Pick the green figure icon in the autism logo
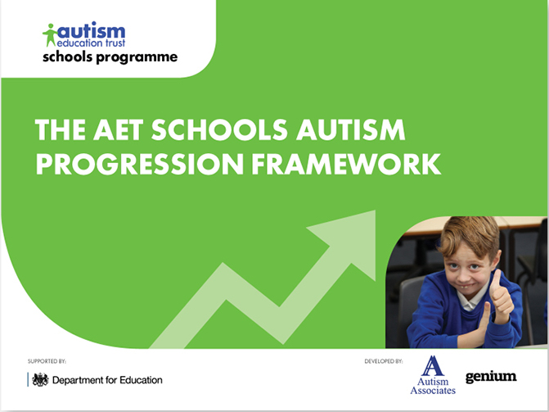50,35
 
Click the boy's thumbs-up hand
499,294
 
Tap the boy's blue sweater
446,319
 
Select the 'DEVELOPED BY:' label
384,360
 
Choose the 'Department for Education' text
107,380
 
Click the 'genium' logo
491,377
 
